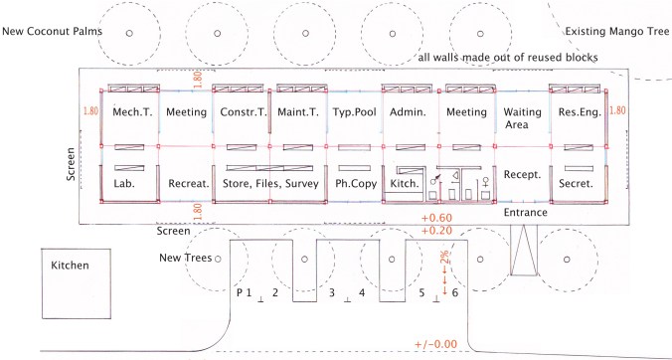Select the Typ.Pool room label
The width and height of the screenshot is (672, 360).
coord(354,112)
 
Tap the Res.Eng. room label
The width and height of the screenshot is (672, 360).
coord(578,112)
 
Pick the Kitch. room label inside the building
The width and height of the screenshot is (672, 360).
coord(408,186)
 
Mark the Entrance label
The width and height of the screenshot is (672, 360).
coord(526,212)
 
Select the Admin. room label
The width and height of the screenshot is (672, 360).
coord(409,112)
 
